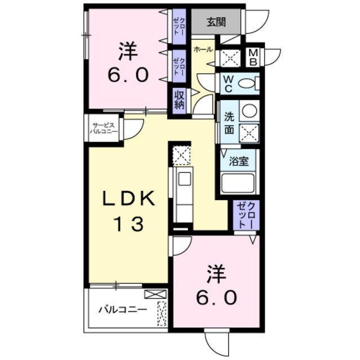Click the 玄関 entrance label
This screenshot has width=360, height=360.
tap(215, 22)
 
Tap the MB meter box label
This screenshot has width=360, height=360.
tap(253, 57)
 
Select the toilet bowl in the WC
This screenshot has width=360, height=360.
tap(247, 84)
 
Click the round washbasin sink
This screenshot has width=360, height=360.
tap(249, 110)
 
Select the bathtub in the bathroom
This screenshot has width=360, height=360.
tap(239, 183)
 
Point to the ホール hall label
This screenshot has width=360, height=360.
tap(202, 49)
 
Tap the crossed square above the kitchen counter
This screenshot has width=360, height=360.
tap(181, 155)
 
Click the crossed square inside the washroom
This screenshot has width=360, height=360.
tap(249, 132)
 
